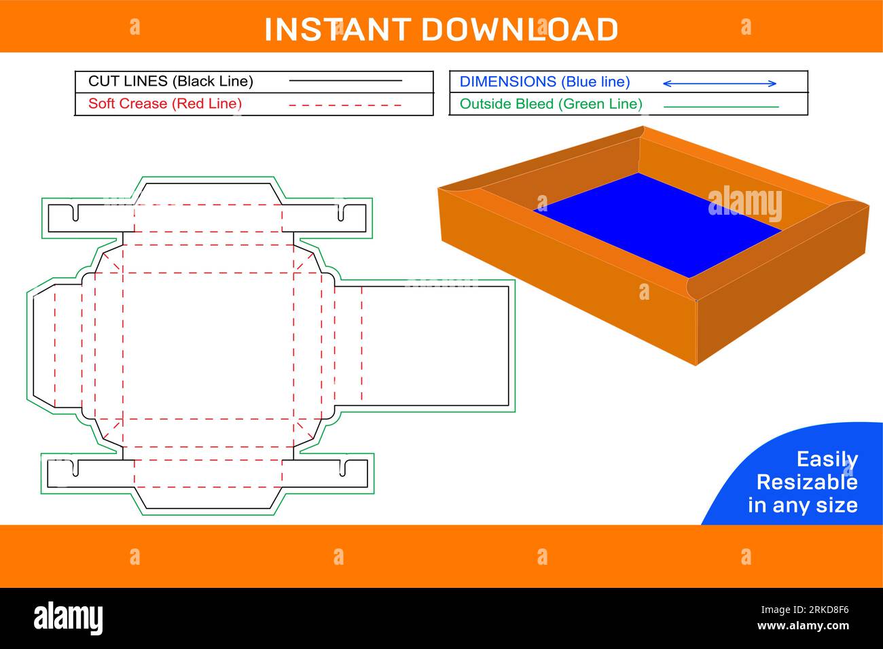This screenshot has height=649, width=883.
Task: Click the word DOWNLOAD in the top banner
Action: tap(520, 30)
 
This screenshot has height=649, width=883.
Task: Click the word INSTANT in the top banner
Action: tap(337, 30)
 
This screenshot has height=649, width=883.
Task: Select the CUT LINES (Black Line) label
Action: tap(170, 82)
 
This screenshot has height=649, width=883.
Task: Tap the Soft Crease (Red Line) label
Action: tap(165, 104)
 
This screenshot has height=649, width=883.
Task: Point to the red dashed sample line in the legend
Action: tap(345, 105)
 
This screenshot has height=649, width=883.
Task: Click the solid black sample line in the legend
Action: tap(345, 81)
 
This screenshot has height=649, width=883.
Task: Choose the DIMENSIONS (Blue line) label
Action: tap(544, 82)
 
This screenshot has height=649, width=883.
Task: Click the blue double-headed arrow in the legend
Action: tap(719, 84)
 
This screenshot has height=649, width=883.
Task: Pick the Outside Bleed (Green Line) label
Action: tap(550, 104)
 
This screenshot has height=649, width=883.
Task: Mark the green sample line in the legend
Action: tap(721, 107)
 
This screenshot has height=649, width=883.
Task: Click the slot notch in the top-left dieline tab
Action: tap(74, 212)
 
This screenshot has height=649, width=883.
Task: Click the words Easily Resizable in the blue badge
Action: tap(806, 471)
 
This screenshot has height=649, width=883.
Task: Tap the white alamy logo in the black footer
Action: tap(69, 618)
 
